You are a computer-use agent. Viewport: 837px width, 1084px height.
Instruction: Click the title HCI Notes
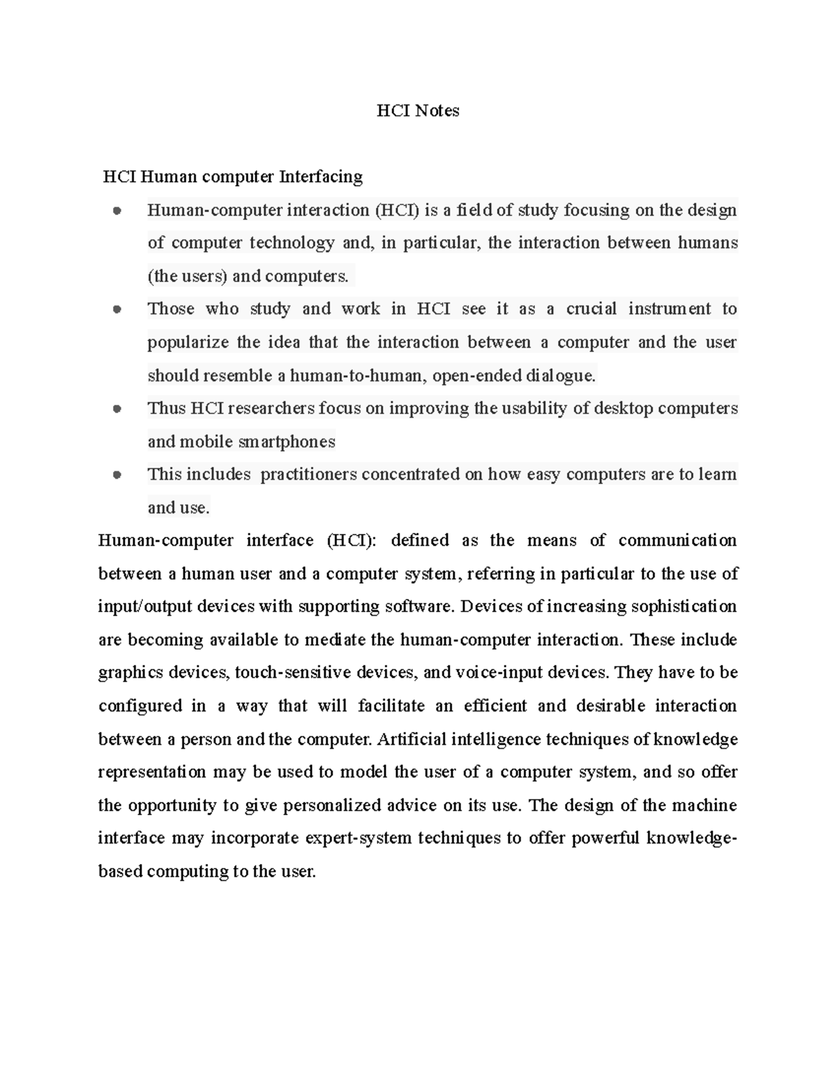point(418,110)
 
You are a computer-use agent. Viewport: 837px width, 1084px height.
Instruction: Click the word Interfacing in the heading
point(321,177)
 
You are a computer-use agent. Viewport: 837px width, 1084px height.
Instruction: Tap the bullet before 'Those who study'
point(116,309)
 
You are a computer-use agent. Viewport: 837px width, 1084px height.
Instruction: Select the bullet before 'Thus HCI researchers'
point(116,409)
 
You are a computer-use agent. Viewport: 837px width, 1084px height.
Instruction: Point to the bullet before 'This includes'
point(116,475)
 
